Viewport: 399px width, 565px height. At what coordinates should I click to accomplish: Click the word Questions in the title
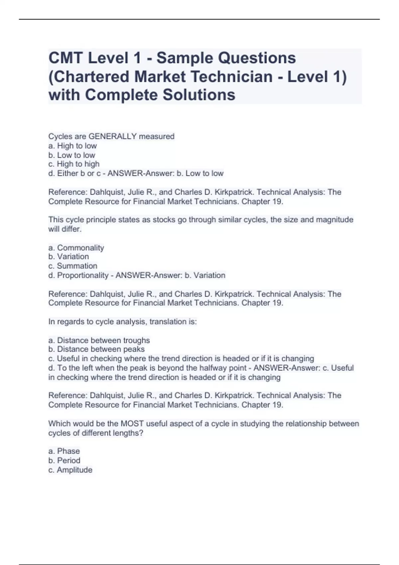[x=256, y=58]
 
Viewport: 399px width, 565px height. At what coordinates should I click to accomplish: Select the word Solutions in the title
[x=199, y=95]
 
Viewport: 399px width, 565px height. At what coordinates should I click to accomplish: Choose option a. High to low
[x=72, y=146]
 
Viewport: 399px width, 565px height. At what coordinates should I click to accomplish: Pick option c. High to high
[x=74, y=164]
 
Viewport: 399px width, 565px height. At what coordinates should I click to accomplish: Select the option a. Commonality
[x=76, y=248]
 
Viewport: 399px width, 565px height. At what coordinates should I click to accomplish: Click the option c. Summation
[x=73, y=266]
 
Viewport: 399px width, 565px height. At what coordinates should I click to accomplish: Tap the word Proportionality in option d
[x=83, y=275]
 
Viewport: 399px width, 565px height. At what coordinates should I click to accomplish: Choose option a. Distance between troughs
[x=99, y=340]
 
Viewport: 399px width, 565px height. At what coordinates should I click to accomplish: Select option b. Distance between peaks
[x=96, y=349]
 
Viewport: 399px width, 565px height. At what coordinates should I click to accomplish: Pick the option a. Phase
[x=64, y=451]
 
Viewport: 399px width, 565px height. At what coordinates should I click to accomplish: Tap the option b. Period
[x=65, y=460]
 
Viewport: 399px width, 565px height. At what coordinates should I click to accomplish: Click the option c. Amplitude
[x=70, y=470]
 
